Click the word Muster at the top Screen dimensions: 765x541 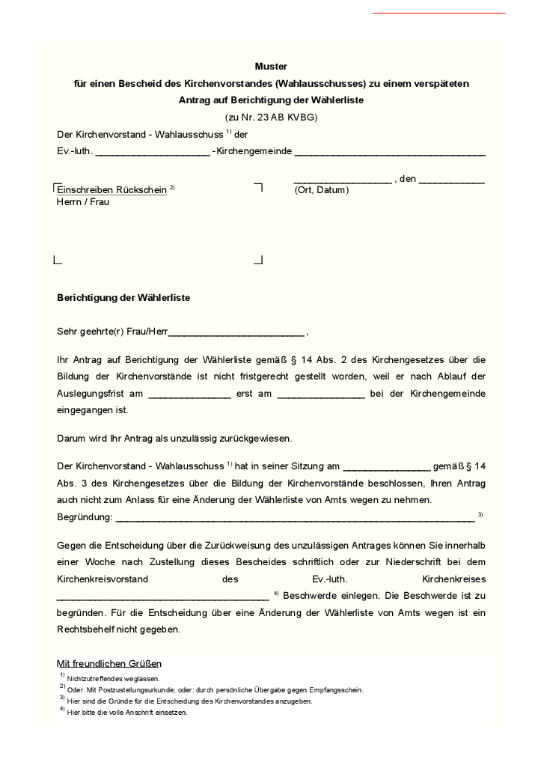(x=271, y=67)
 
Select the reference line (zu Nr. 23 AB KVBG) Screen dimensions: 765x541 (x=271, y=118)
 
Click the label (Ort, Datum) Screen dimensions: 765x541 (x=322, y=190)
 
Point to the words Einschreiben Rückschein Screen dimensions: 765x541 (x=111, y=190)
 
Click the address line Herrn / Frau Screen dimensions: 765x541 (x=83, y=202)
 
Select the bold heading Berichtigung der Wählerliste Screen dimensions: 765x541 (x=123, y=298)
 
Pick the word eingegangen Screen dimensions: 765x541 (x=85, y=410)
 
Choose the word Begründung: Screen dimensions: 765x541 (x=85, y=517)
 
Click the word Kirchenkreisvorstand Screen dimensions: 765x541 (x=103, y=579)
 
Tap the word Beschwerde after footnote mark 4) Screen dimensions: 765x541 (x=312, y=596)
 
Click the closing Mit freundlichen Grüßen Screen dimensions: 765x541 (x=109, y=663)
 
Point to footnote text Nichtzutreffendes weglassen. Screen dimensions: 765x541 (x=113, y=678)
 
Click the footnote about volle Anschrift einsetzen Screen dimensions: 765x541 (x=126, y=713)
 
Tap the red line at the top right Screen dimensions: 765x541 (x=438, y=13)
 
